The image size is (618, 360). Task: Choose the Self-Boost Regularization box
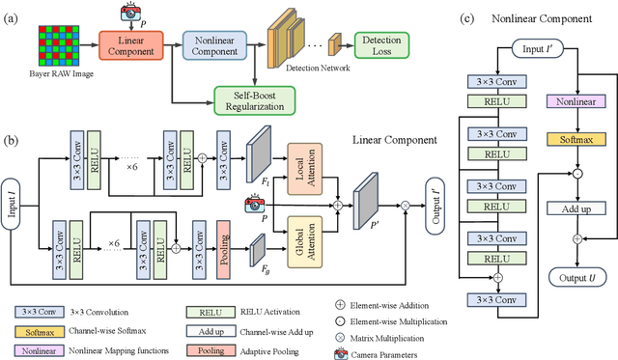pos(254,97)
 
